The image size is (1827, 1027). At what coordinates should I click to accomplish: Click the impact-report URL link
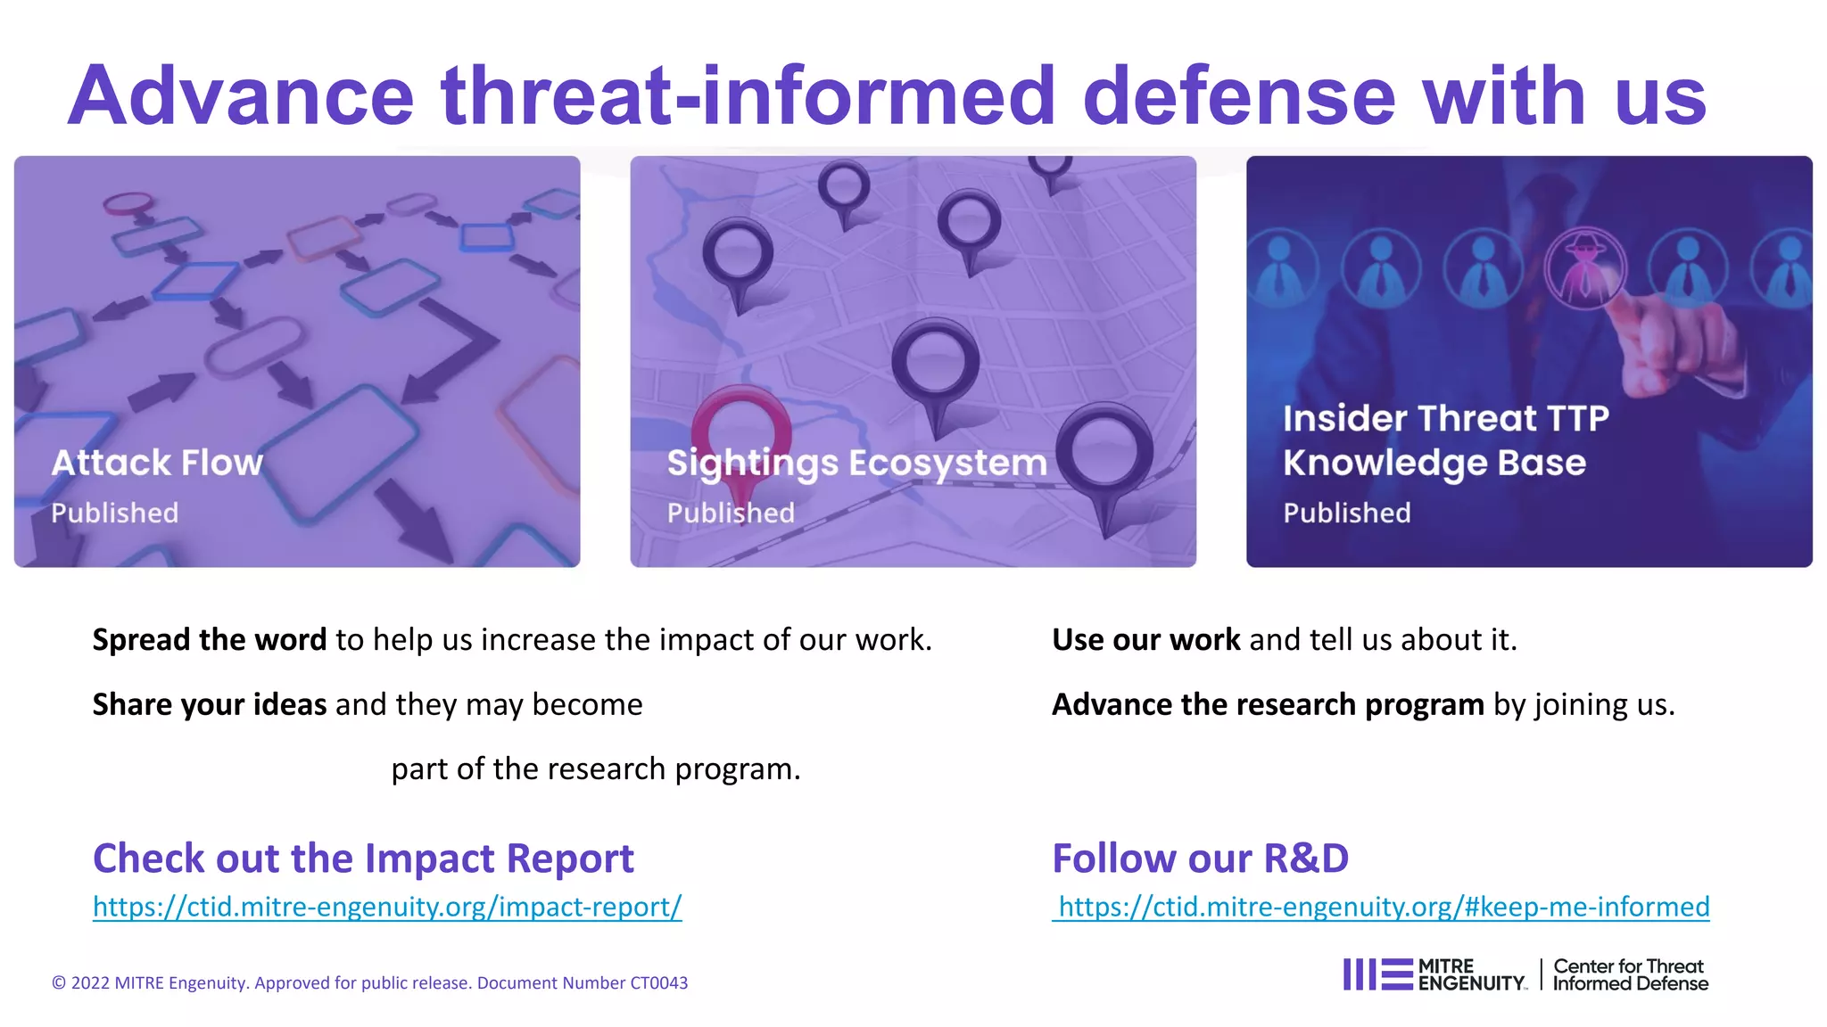point(387,907)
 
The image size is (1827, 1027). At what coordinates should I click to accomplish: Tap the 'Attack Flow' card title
point(157,463)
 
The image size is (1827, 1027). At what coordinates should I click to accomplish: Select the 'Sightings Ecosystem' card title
point(856,463)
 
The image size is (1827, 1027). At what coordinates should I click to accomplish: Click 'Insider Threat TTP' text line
point(1445,418)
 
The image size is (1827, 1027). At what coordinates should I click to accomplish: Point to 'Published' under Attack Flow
point(114,513)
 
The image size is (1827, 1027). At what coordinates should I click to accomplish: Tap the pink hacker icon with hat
point(1585,267)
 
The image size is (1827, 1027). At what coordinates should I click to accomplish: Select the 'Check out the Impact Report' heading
point(363,858)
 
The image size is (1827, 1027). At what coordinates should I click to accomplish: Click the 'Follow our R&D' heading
point(1200,858)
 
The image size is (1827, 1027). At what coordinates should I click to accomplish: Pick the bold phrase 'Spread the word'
point(210,639)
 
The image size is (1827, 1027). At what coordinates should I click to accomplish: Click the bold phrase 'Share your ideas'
point(210,704)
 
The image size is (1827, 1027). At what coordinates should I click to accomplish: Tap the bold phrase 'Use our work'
point(1146,639)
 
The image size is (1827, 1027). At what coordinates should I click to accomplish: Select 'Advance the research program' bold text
point(1268,704)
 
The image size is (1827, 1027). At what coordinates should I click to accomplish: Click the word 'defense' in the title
point(1238,95)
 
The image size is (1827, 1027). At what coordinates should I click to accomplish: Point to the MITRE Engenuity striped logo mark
point(1377,974)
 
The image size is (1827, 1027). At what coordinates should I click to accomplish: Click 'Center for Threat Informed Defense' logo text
point(1630,974)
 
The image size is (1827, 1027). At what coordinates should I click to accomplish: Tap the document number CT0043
point(658,982)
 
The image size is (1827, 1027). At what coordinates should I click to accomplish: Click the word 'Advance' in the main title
point(241,95)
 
